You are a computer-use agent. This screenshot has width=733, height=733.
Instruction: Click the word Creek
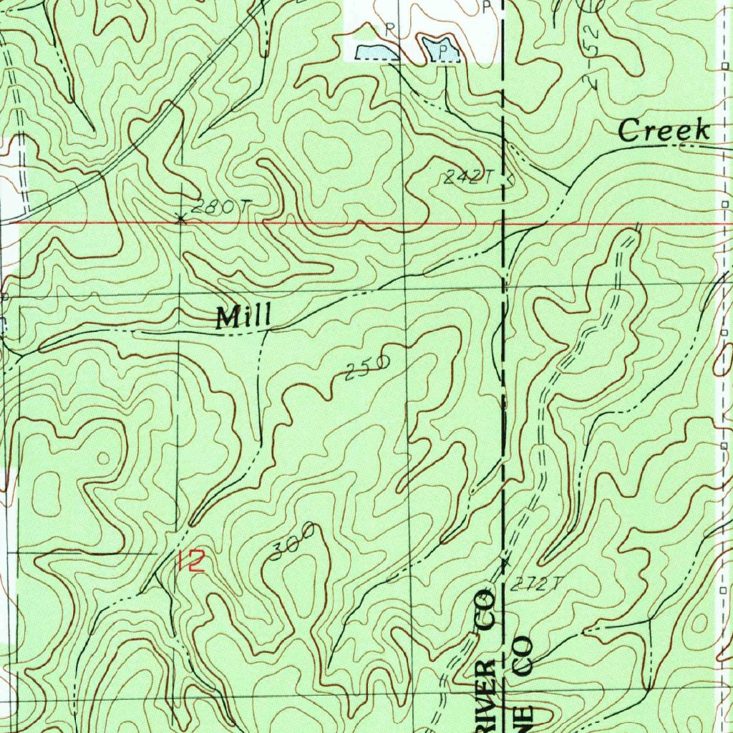click(x=664, y=131)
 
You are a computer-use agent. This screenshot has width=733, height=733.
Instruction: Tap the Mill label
click(x=244, y=316)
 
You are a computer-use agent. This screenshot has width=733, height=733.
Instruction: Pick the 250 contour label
click(x=366, y=367)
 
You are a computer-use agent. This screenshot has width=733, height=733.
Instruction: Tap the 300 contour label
click(x=293, y=541)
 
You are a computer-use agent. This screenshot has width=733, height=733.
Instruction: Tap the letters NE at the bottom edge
click(x=523, y=709)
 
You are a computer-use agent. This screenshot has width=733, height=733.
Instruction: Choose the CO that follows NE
click(x=524, y=654)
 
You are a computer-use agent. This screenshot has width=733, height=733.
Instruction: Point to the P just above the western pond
click(x=390, y=29)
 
